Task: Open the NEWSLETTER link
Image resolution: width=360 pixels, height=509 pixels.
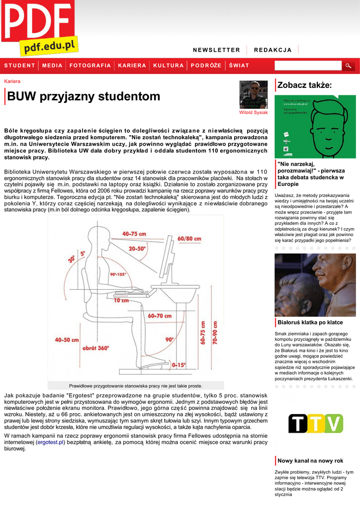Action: coord(216,50)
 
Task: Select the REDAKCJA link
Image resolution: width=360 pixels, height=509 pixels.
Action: coord(272,50)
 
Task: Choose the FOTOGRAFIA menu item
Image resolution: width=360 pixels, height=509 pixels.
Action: coord(90,66)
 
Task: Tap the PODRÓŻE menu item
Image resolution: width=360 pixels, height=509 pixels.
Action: coord(206,66)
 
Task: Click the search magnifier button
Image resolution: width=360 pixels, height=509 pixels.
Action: coord(349,66)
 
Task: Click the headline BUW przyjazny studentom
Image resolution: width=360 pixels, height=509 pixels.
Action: coord(84,96)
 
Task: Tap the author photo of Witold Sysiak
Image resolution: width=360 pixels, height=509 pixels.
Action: coord(254,94)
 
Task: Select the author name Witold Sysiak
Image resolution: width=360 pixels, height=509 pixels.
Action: coord(254,112)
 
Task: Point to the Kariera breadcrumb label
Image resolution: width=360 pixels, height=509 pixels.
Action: coord(12,81)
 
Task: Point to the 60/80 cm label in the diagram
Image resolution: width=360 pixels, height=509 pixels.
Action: coord(189,239)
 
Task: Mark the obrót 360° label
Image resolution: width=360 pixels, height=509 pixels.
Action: coord(96,348)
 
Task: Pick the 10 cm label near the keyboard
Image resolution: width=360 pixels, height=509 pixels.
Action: coord(121,300)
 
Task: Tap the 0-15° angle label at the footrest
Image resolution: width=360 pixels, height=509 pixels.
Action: coord(179,365)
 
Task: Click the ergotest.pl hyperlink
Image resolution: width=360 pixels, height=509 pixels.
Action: coord(51,441)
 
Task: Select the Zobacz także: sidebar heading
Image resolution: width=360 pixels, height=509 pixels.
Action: coord(304,85)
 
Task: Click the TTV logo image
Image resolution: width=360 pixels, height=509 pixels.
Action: coord(315,424)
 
